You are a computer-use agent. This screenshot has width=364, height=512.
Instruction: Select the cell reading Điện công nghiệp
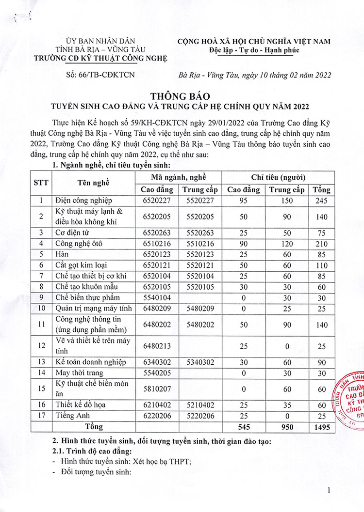point(84,200)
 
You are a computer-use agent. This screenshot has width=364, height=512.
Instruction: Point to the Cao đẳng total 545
point(243,427)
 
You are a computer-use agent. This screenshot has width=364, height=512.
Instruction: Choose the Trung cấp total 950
point(287,427)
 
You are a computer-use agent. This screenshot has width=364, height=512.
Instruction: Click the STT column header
point(41,183)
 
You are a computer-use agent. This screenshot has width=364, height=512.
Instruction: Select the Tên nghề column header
point(94,183)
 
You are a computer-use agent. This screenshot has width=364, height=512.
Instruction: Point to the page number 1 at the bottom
point(329,491)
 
